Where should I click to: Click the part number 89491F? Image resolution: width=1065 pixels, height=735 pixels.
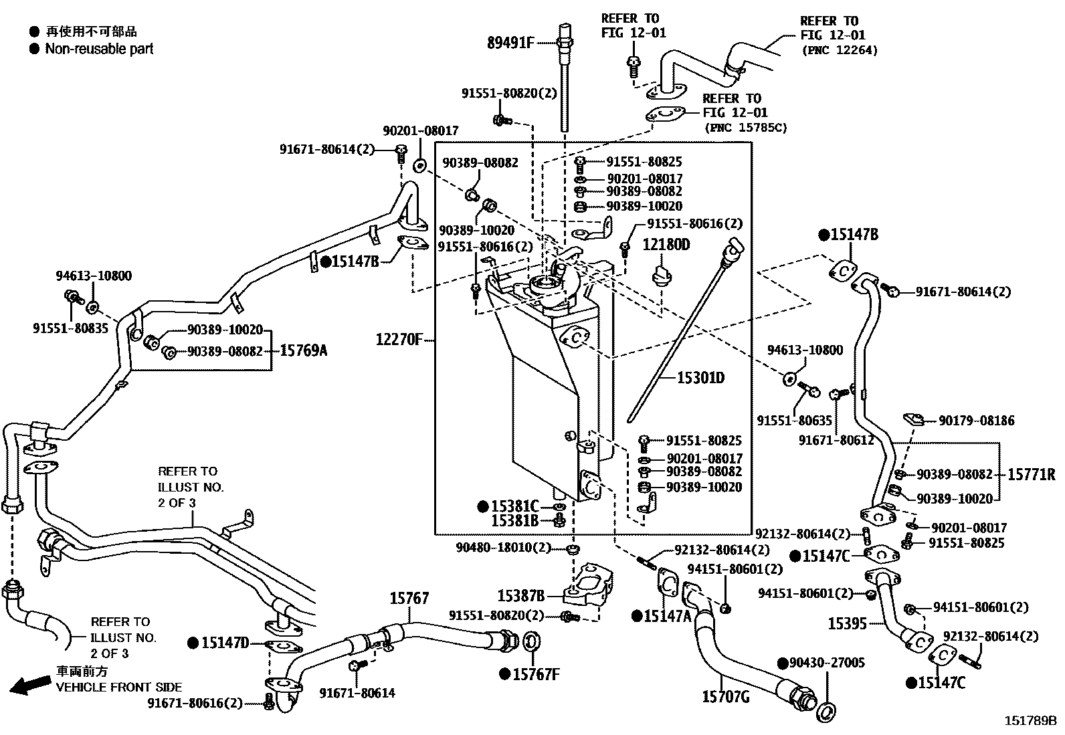pyautogui.click(x=510, y=43)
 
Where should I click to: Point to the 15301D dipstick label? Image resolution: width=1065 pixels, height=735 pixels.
pyautogui.click(x=700, y=378)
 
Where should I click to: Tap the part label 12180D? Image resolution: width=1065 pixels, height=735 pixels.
pyautogui.click(x=666, y=245)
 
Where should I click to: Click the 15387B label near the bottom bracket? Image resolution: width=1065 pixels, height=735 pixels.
pyautogui.click(x=520, y=595)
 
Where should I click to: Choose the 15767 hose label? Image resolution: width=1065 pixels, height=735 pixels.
pyautogui.click(x=409, y=599)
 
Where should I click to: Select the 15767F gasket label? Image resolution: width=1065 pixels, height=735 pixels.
pyautogui.click(x=535, y=674)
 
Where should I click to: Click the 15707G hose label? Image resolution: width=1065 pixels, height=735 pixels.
pyautogui.click(x=725, y=697)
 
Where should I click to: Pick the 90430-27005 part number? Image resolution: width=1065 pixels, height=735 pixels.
pyautogui.click(x=827, y=663)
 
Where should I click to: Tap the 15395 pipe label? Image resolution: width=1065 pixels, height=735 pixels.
pyautogui.click(x=847, y=624)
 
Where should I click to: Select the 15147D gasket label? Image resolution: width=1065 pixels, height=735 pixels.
pyautogui.click(x=225, y=643)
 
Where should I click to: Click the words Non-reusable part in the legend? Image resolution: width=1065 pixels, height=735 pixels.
pyautogui.click(x=99, y=49)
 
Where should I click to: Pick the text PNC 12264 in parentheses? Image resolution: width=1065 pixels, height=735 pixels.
pyautogui.click(x=839, y=50)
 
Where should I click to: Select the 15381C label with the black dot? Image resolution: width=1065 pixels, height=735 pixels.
pyautogui.click(x=514, y=506)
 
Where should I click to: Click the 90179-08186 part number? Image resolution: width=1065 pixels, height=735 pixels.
pyautogui.click(x=976, y=421)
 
